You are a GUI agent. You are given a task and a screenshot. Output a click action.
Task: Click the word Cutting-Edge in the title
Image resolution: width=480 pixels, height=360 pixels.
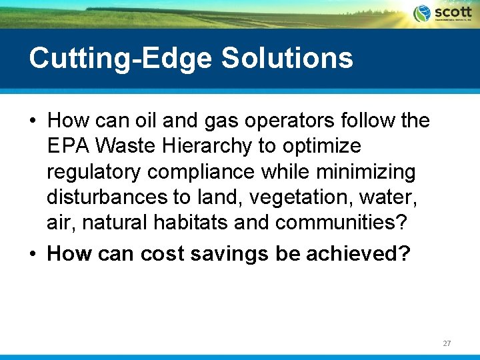click(121, 59)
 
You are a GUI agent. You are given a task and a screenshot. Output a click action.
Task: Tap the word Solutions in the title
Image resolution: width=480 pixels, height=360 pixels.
click(287, 59)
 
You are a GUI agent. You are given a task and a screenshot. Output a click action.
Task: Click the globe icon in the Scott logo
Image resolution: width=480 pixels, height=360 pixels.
click(422, 13)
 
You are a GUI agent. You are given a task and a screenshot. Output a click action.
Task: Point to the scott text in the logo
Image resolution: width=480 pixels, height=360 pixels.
click(453, 12)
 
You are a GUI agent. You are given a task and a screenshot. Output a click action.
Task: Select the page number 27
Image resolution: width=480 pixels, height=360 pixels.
click(447, 343)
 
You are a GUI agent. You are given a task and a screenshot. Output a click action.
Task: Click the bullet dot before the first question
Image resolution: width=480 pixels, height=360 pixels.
click(32, 121)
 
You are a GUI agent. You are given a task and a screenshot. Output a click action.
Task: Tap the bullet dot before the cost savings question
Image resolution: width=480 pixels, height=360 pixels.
click(32, 255)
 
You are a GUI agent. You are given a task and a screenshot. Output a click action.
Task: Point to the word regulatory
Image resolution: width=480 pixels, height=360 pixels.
click(94, 172)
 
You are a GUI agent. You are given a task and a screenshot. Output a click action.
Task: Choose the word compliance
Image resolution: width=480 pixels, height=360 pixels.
click(201, 172)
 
